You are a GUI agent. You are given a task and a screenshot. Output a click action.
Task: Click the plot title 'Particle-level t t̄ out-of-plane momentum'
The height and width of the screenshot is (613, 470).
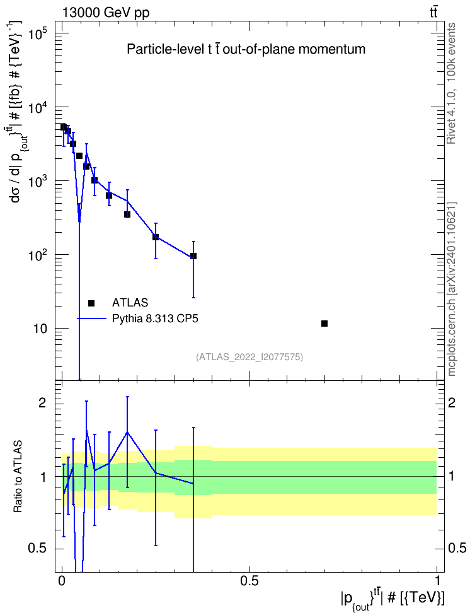click(246, 49)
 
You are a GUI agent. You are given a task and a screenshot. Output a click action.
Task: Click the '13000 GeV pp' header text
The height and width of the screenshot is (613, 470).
click(105, 13)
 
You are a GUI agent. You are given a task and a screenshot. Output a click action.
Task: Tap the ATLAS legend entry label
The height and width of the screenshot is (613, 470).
click(130, 303)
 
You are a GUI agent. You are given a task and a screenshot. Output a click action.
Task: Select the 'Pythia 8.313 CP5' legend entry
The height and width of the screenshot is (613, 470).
click(155, 318)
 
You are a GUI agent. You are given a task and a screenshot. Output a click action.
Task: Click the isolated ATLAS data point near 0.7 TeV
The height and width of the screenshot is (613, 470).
click(324, 324)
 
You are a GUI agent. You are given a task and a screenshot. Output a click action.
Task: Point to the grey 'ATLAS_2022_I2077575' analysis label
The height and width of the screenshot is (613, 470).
click(249, 357)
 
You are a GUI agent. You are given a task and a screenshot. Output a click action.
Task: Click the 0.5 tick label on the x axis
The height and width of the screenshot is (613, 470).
click(249, 580)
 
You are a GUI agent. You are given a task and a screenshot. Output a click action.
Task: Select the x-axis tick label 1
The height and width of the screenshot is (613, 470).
click(437, 580)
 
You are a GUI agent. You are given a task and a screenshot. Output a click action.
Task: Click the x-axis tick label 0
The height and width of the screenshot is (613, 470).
click(62, 580)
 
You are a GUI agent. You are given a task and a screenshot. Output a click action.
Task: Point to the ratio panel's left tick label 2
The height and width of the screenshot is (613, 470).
click(42, 403)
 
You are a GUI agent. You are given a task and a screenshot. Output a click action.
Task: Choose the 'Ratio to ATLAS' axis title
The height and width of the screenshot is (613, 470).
click(18, 476)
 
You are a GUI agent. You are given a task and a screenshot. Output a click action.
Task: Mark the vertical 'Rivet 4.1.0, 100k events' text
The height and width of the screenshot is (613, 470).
click(451, 83)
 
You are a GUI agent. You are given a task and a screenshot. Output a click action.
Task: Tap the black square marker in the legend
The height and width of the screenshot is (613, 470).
click(91, 303)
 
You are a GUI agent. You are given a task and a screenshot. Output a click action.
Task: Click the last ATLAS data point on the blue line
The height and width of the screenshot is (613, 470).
click(193, 256)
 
